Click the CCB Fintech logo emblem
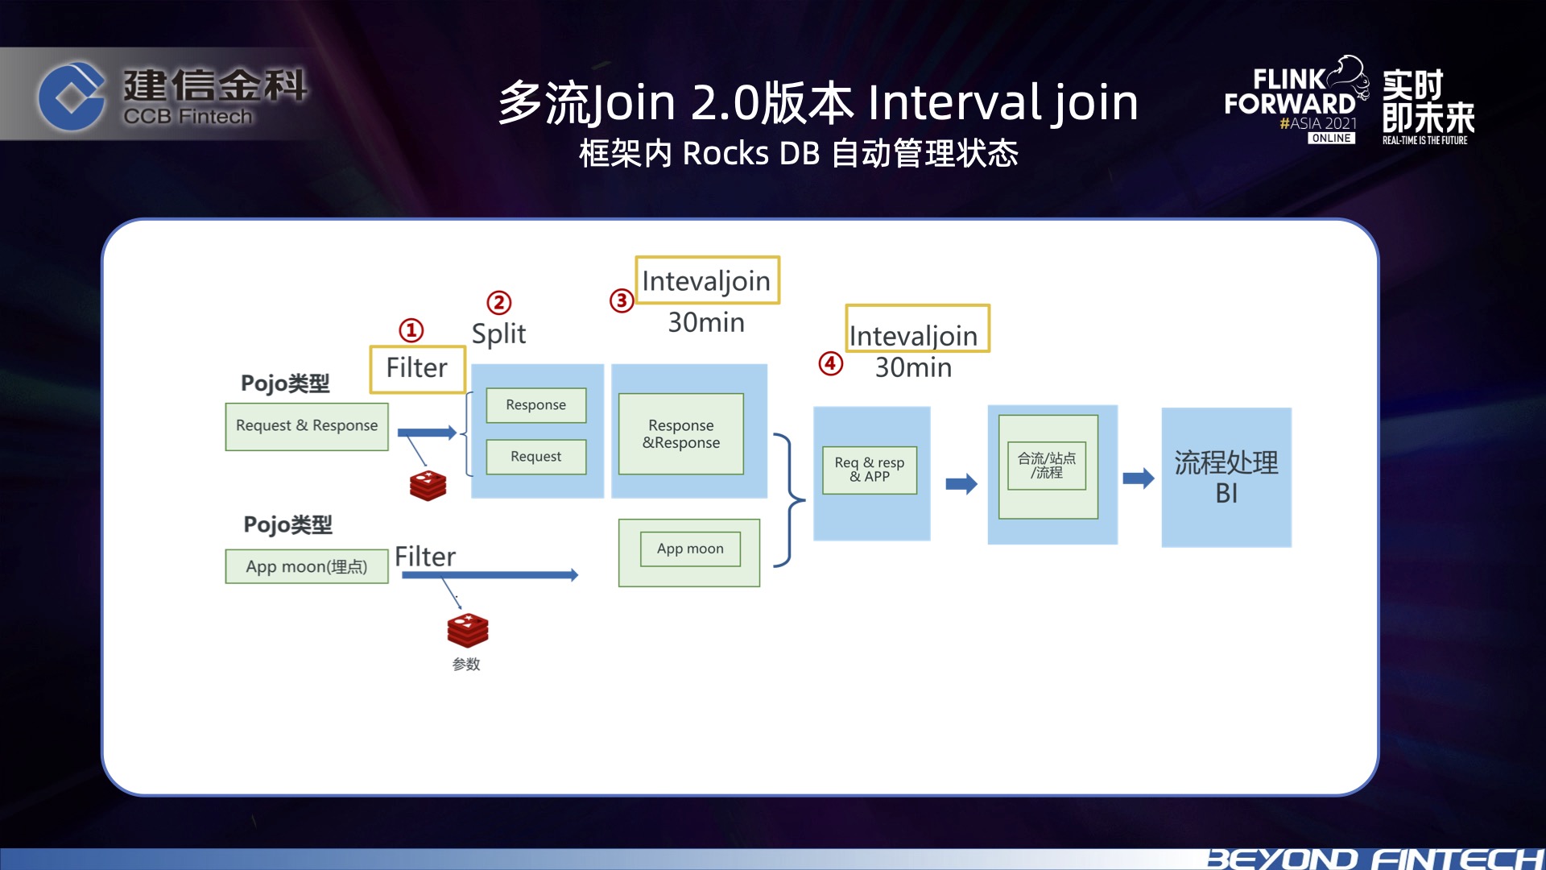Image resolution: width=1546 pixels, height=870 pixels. coord(71,97)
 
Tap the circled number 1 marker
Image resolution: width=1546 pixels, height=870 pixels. coord(411,330)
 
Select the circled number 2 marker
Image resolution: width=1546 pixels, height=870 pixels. coord(499,303)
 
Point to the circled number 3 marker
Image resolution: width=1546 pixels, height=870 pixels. coord(622,301)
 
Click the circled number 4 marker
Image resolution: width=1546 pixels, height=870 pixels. coord(831,364)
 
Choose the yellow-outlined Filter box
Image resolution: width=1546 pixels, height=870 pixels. coord(417,369)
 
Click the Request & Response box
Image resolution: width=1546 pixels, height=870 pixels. coord(307,426)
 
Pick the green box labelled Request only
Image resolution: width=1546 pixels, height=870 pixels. coord(536,457)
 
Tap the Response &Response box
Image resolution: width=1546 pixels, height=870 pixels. coord(681,434)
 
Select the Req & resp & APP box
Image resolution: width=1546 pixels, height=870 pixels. coord(870,470)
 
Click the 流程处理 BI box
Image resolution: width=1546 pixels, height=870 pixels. coord(1226,478)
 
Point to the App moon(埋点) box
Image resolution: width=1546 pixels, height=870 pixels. coord(307,567)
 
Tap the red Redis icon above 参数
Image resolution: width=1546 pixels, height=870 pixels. coord(468,631)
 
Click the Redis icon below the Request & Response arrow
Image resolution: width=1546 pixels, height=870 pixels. coord(428,486)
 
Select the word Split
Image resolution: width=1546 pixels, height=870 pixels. coord(498,334)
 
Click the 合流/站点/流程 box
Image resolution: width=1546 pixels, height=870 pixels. coord(1047,466)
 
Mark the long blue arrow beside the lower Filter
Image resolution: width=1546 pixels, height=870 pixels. coord(490,575)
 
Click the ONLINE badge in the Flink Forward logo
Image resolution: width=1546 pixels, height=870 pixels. coord(1331,139)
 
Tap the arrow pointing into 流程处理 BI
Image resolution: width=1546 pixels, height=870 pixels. coord(1139,478)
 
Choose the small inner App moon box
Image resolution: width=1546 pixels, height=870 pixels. coord(690,549)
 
